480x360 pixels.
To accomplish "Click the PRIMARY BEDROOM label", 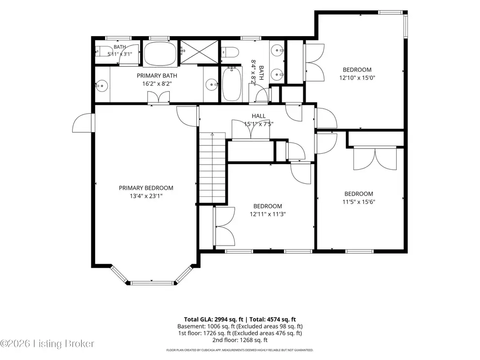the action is [x=146, y=188].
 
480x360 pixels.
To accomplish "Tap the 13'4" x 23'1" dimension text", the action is [x=146, y=196].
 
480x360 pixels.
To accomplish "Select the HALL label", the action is [x=259, y=116].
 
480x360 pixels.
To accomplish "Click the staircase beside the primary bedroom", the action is [x=212, y=168].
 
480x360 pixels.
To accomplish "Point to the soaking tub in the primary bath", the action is [x=160, y=53].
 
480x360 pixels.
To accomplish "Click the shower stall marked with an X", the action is [x=199, y=52].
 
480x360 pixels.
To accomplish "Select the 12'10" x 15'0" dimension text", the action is [x=357, y=78].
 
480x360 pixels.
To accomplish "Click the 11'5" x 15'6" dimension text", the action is [x=359, y=202].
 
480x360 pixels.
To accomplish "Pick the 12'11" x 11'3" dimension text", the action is [x=268, y=214].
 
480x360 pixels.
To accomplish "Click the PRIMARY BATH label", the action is [x=157, y=75].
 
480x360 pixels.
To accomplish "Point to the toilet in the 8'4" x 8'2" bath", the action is [x=230, y=52].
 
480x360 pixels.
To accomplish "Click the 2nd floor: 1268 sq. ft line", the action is [x=240, y=340].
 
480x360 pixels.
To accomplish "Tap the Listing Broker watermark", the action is [x=47, y=344].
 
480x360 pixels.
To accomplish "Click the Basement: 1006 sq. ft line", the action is [x=240, y=326].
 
